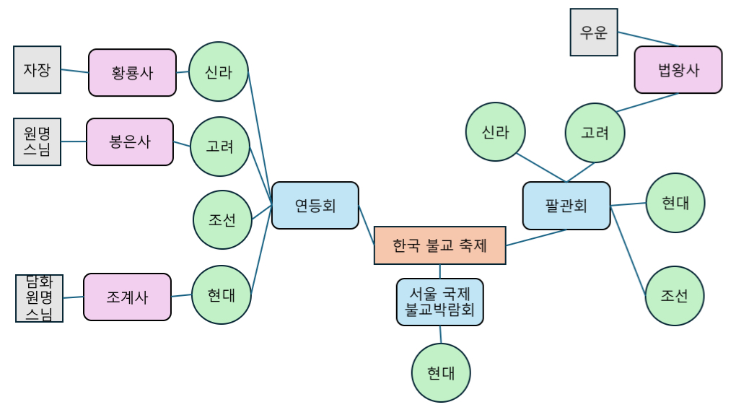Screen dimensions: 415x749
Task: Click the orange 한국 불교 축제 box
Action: click(439, 245)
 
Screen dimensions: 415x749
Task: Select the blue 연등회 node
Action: click(315, 206)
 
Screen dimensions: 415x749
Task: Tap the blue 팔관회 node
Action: click(566, 206)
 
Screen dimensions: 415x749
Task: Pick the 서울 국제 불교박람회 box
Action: click(439, 302)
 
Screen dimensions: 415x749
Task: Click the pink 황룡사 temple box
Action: click(132, 72)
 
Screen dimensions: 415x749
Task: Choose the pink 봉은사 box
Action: click(130, 141)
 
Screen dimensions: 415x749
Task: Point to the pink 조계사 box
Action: click(127, 297)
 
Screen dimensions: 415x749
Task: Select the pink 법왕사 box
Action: click(678, 70)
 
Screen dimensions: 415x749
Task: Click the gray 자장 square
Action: click(37, 70)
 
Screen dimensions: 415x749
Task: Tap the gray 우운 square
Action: click(593, 32)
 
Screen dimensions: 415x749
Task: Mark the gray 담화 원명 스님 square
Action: click(39, 298)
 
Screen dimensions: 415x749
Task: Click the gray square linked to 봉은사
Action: click(37, 141)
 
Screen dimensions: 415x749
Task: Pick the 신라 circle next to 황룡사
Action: click(218, 71)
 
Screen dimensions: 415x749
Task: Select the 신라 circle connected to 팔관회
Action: click(495, 132)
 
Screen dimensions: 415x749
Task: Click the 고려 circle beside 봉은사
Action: click(219, 147)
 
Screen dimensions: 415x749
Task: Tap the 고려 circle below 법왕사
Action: click(595, 133)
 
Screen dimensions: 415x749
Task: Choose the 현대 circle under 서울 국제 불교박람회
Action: click(440, 372)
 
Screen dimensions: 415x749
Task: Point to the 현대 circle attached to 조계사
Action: click(221, 294)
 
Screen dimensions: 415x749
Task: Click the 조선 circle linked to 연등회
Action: click(222, 220)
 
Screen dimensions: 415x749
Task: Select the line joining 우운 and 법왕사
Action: click(647, 39)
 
